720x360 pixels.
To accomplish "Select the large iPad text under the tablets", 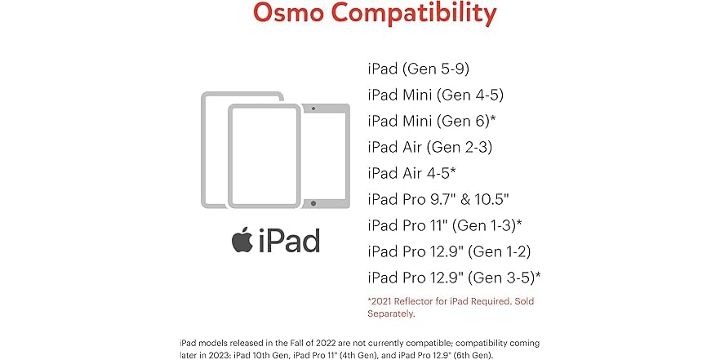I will (289, 241).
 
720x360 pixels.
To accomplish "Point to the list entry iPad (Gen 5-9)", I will (419, 69).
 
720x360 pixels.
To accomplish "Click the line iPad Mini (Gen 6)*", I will (432, 121).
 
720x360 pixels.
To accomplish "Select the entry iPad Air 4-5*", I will (410, 173).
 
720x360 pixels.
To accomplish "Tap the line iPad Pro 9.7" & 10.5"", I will (438, 199).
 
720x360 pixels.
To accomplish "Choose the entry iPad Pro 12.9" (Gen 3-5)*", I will (454, 278).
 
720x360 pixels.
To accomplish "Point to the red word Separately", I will (392, 313).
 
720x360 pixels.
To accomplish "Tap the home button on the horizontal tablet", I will (314, 202).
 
